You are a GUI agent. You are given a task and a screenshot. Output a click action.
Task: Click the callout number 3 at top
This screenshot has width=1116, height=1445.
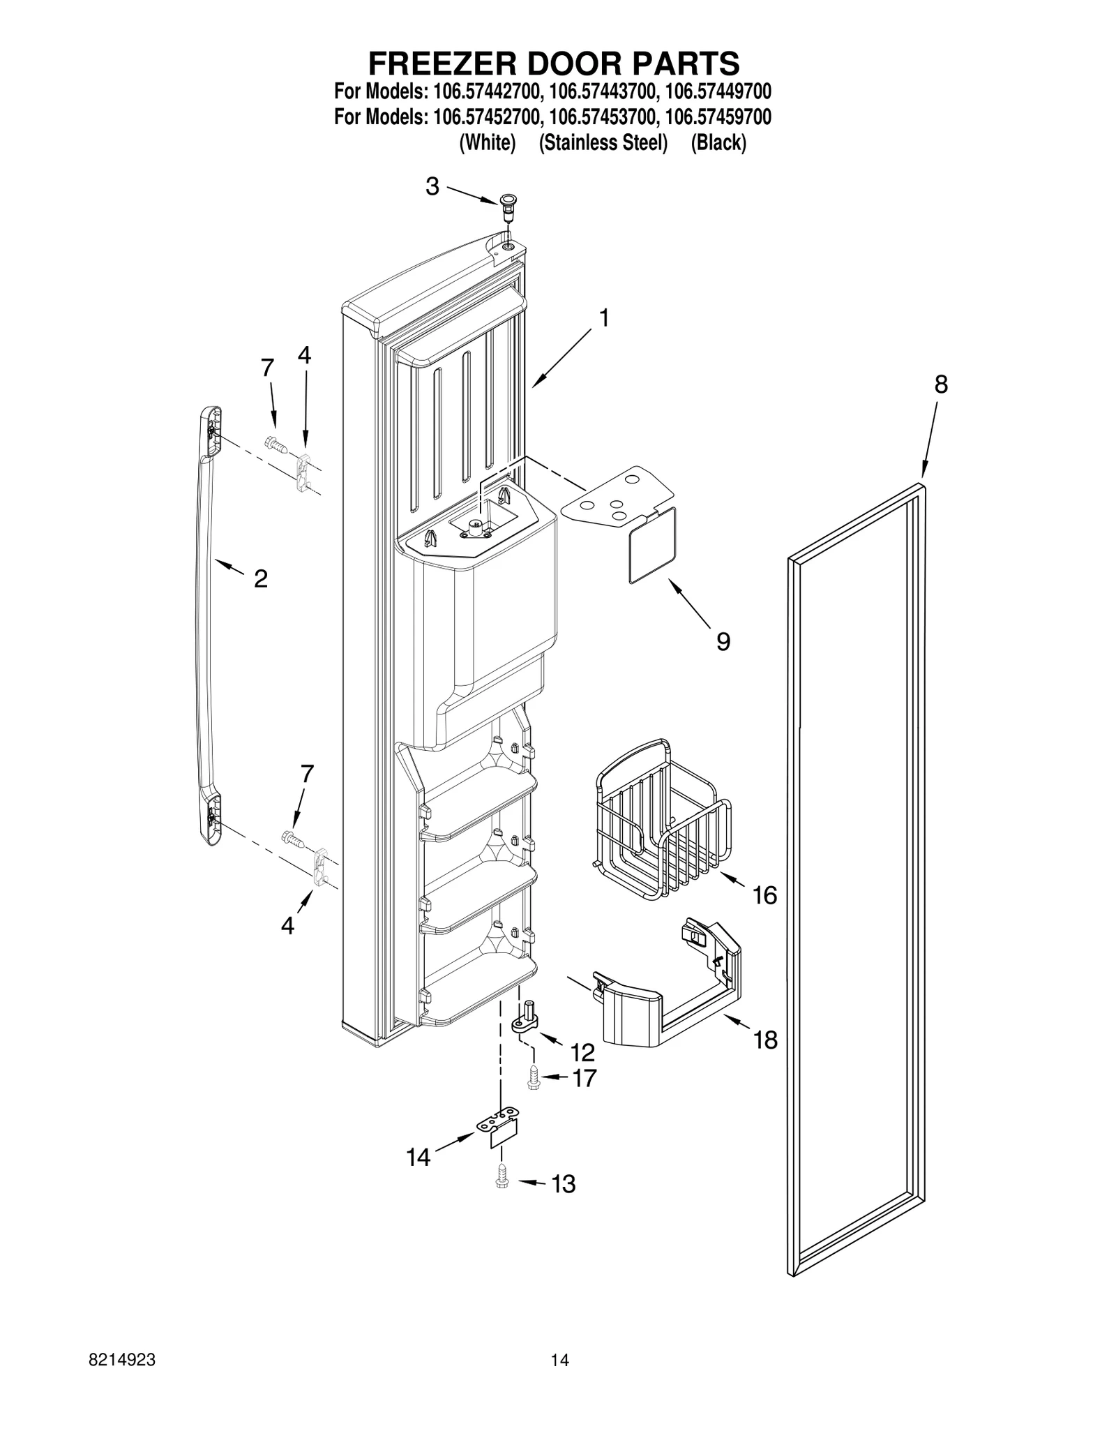tap(432, 186)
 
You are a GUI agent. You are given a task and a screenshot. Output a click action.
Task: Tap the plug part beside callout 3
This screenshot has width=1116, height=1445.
tap(507, 204)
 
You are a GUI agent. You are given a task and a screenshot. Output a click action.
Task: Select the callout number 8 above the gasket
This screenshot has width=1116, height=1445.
tap(941, 384)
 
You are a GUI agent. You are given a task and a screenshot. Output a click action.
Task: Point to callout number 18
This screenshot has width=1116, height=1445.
tap(765, 1040)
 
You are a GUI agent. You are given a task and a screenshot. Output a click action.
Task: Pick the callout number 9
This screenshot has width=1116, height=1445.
tap(723, 641)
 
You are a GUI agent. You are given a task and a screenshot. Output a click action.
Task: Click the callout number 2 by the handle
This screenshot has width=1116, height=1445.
tap(261, 578)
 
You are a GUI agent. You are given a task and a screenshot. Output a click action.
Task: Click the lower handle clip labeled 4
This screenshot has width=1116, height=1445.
tap(320, 865)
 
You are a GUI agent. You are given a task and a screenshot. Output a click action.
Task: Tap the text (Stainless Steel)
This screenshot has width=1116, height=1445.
tap(603, 143)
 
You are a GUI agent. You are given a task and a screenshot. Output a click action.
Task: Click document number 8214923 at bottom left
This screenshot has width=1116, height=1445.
tap(122, 1375)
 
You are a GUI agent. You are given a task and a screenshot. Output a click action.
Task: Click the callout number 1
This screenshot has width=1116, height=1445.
tap(604, 318)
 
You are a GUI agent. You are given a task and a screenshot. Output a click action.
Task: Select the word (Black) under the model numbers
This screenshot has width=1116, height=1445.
tap(718, 143)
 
